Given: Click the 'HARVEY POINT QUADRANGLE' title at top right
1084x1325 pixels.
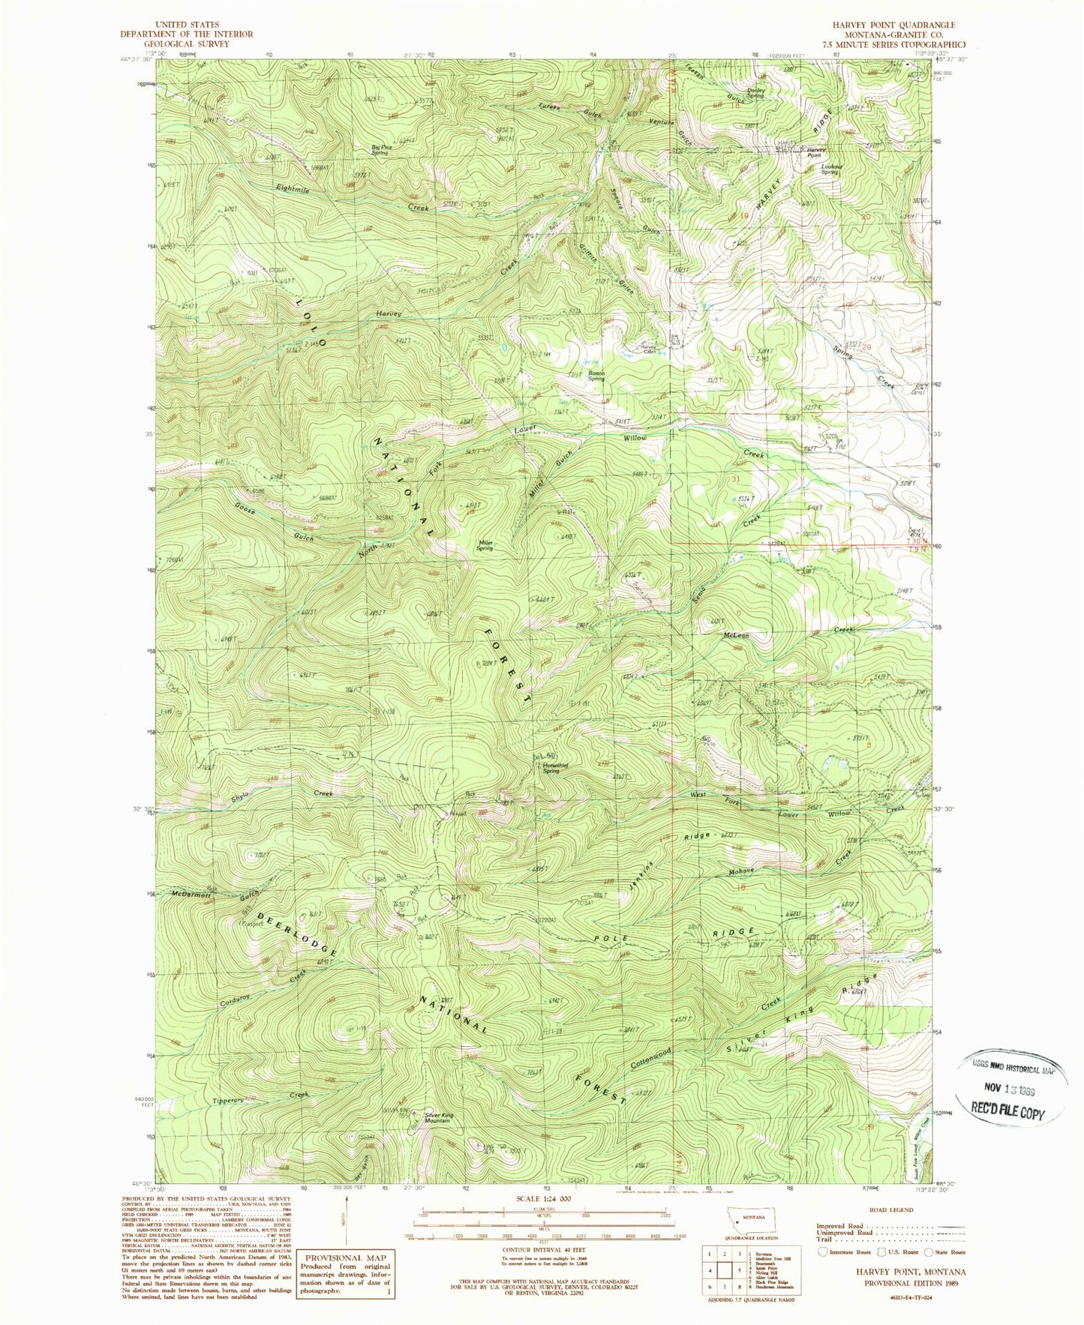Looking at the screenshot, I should click(x=896, y=25).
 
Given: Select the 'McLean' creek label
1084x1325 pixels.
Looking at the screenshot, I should click(x=735, y=635).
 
